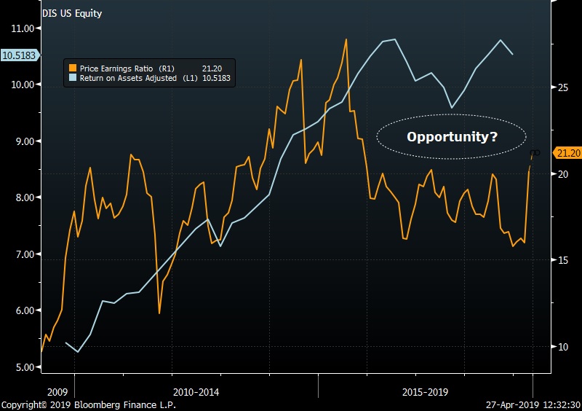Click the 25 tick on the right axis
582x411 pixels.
561,87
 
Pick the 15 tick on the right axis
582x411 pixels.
561,260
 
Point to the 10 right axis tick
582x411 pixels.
561,347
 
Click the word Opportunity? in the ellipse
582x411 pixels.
452,136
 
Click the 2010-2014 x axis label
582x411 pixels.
196,391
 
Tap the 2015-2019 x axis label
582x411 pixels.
425,391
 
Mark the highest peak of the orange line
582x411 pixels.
346,39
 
